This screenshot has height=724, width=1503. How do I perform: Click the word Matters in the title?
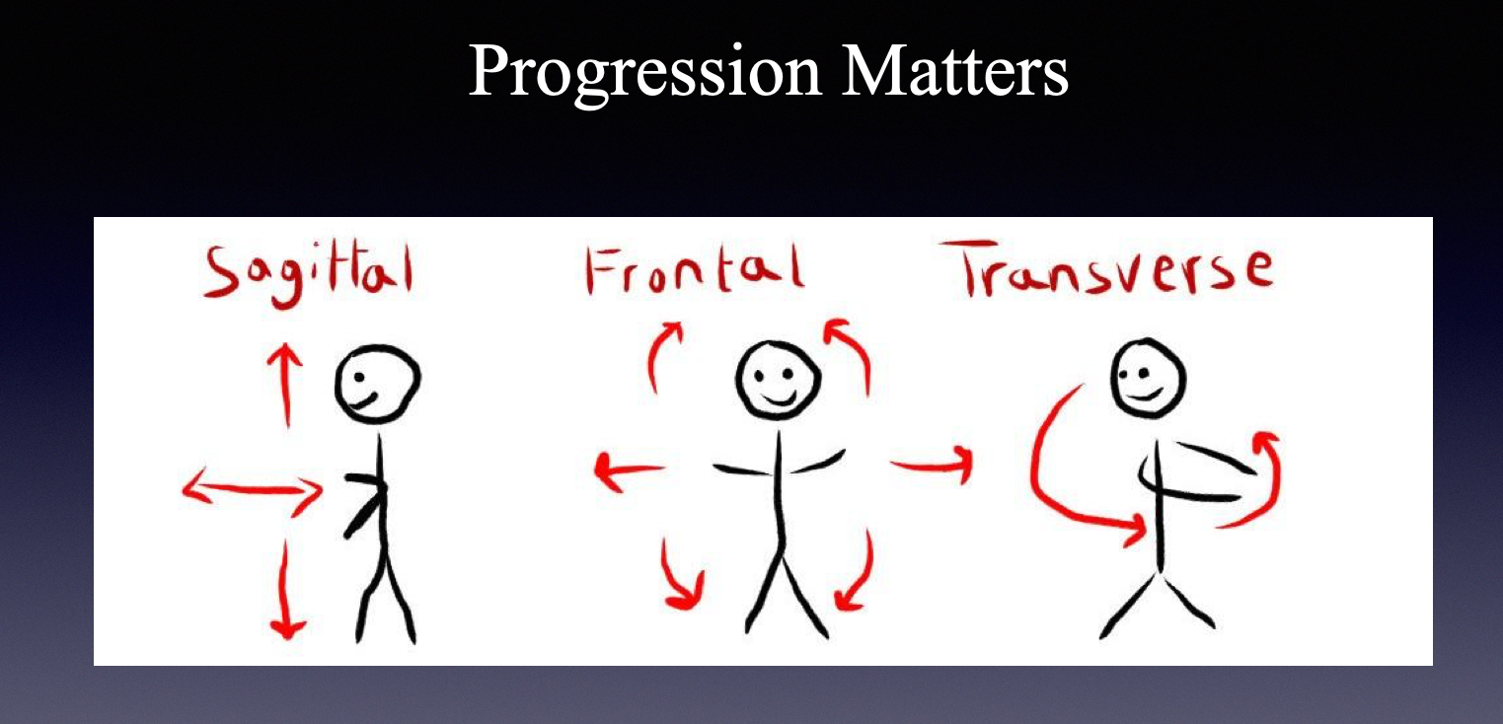pos(955,70)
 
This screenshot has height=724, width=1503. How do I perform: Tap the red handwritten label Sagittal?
pos(309,275)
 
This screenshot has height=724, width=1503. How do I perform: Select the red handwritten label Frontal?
pos(695,269)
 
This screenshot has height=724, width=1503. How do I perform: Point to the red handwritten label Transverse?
pos(1107,268)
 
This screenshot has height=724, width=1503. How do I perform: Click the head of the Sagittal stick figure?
pos(378,384)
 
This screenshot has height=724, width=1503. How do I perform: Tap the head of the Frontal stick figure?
pos(779,380)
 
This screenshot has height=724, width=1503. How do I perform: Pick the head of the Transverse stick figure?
pos(1149,378)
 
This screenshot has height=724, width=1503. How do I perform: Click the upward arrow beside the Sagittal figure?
pos(286,386)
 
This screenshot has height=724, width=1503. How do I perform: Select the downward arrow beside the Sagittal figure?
pos(286,590)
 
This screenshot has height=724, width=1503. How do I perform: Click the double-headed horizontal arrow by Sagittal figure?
pos(253,489)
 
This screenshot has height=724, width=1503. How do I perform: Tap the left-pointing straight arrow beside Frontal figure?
pos(629,469)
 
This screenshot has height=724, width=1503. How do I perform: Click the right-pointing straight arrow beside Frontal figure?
pos(933,464)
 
